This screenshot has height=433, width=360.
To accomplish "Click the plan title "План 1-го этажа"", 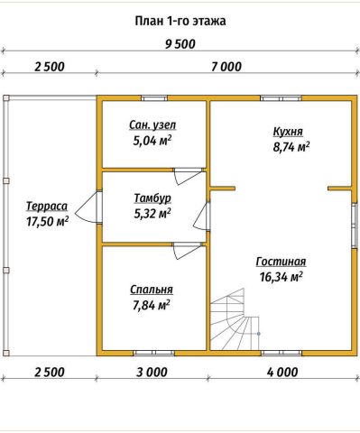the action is tap(180, 21).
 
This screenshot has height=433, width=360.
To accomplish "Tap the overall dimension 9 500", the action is tap(180, 44).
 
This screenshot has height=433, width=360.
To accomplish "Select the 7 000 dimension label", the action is tap(226, 67).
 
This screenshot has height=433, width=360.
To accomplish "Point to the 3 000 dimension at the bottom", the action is tap(152, 373).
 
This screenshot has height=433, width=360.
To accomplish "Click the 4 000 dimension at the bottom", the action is tap(282, 373).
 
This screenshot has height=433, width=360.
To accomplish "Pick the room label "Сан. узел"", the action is tap(152, 125).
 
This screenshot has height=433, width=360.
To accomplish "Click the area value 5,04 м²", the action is tap(152, 141).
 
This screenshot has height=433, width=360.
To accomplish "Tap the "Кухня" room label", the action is tap(288, 132).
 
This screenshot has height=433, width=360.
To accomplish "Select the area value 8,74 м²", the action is tap(291, 147).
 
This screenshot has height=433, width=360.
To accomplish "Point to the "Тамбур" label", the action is tap(152, 198).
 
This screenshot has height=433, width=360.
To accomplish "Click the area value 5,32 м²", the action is tap(152, 214).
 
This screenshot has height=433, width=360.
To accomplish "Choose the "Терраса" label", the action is tap(47, 207).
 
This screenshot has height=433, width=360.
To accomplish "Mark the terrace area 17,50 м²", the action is tap(47, 222).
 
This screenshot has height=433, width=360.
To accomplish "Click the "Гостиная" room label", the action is tap(281, 262).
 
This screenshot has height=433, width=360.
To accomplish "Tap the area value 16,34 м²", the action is tap(281, 277).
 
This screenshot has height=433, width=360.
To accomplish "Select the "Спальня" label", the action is tap(152, 290).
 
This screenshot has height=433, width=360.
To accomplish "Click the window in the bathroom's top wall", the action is tap(154, 98).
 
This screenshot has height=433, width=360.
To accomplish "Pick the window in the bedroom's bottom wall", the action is tap(154, 353).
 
